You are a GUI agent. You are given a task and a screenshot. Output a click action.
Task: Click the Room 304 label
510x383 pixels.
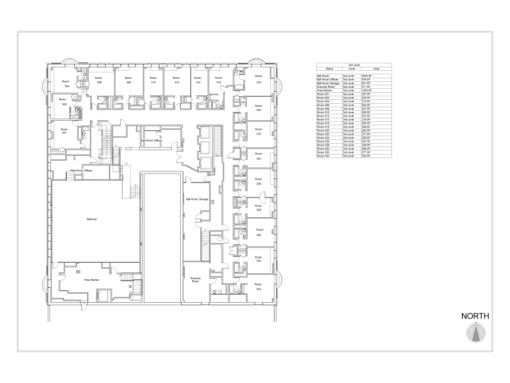pos(66,83)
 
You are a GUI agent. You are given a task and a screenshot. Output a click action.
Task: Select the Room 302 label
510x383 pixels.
pos(63,102)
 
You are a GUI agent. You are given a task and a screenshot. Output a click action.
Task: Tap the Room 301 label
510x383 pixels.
pos(64,131)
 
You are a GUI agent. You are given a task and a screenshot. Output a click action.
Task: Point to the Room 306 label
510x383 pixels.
pos(99,80)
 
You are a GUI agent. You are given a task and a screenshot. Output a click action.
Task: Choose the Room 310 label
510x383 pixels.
pos(153,80)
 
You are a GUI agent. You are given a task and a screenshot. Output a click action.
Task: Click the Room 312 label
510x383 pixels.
pos(176,80)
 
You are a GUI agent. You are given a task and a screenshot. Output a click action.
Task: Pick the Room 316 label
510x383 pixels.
pos(219,80)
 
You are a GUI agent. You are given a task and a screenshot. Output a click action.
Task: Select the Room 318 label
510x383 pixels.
pos(258,79)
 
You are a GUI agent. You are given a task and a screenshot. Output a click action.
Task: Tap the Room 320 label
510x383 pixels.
pos(258,108)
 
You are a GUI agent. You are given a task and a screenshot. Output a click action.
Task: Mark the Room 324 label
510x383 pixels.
pos(258,156)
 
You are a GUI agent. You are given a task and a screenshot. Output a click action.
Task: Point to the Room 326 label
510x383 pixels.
pos(258,181)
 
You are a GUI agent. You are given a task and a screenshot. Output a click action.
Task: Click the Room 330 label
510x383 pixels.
pos(260,232)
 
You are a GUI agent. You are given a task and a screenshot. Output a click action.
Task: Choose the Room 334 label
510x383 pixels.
pos(258,286)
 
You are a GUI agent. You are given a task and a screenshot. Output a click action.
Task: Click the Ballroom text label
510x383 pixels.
pos(92,219)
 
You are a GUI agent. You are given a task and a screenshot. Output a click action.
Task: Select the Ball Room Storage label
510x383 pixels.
pos(197,199)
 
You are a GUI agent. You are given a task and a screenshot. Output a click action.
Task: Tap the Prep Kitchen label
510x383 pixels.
pos(92,280)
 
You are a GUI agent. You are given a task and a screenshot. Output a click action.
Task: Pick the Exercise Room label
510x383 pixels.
pos(195,279)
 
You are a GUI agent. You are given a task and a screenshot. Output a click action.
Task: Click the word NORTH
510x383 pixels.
pos(475,316)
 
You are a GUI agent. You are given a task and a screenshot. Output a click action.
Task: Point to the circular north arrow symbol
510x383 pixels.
pos(476,333)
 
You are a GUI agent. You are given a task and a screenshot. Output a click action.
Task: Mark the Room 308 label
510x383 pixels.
pos(128,80)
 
